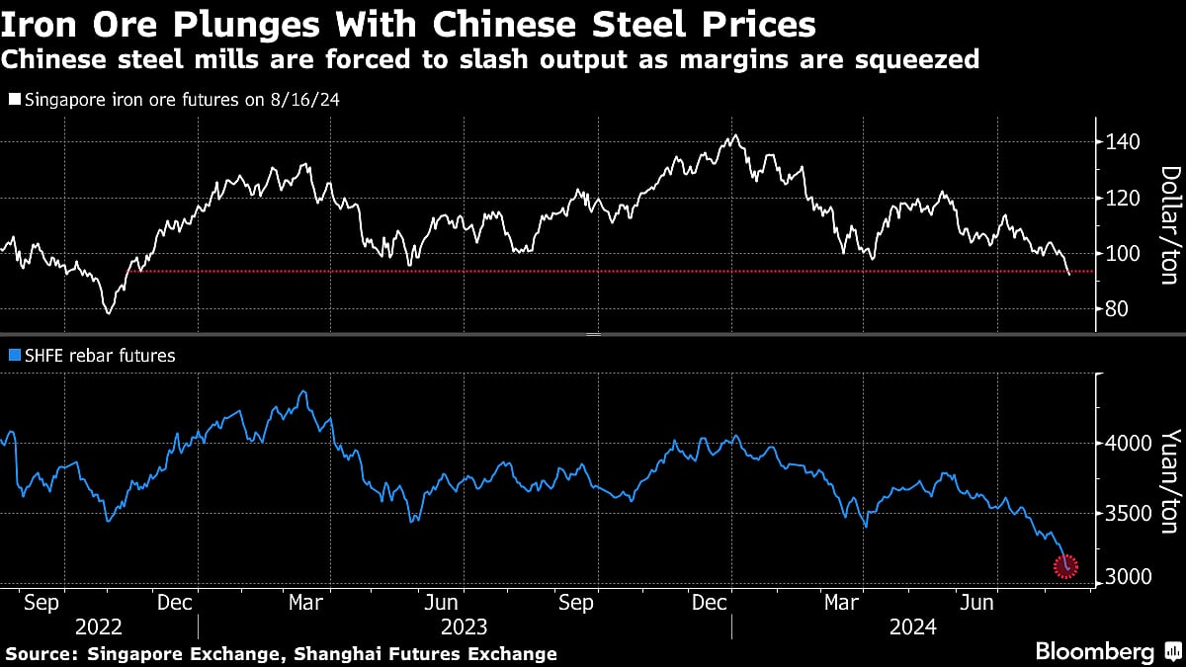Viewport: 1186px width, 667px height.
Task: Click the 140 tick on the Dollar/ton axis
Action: (x=1124, y=142)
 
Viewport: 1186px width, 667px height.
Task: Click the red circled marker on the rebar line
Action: (x=1065, y=566)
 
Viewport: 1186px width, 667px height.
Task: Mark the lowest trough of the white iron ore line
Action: (x=108, y=313)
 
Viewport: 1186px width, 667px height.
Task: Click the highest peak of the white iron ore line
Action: (x=733, y=136)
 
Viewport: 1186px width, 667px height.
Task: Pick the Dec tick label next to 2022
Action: (x=174, y=601)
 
